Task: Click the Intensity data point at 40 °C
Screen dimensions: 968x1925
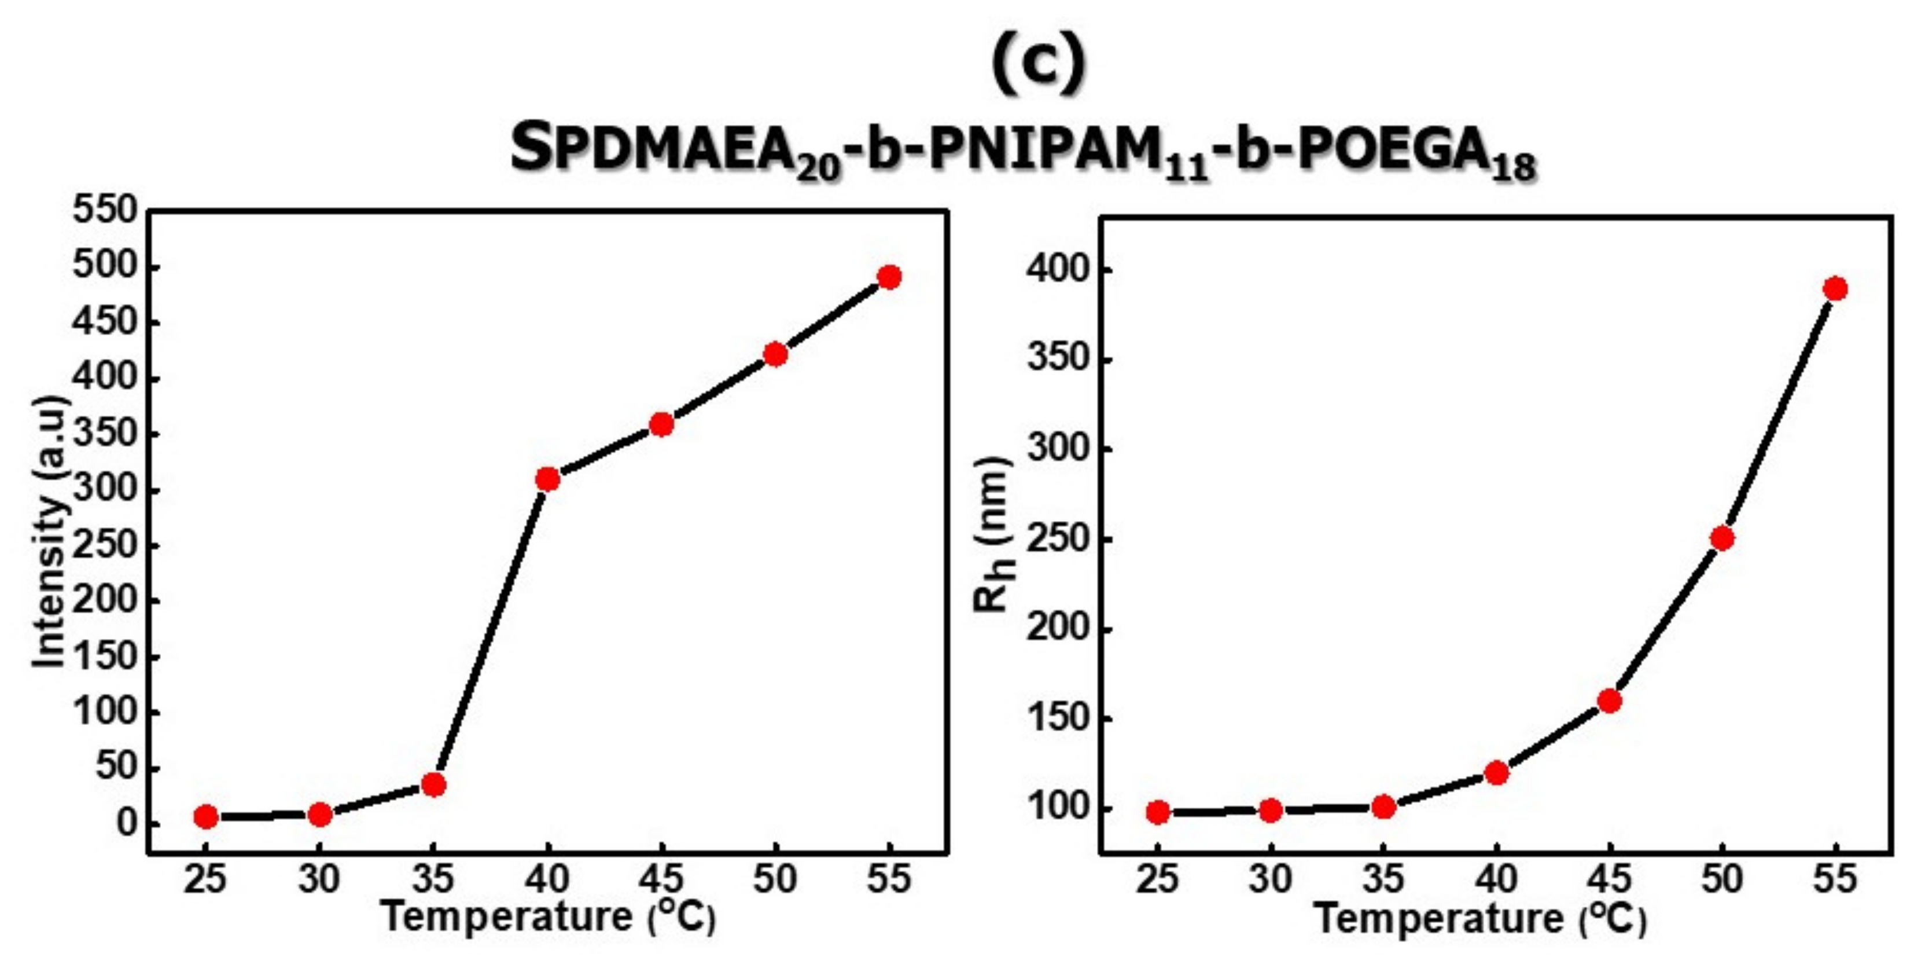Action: tap(548, 478)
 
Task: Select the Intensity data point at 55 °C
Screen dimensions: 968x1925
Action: tap(889, 277)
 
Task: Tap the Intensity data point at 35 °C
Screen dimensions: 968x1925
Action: tap(433, 784)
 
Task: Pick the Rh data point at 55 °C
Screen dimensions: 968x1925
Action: tap(1835, 288)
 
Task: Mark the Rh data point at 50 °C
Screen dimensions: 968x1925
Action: tap(1722, 538)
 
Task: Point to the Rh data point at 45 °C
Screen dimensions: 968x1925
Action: tap(1609, 701)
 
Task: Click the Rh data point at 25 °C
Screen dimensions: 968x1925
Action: tap(1158, 812)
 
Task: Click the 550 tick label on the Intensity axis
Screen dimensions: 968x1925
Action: tap(105, 211)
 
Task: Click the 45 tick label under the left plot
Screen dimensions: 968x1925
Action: tap(661, 879)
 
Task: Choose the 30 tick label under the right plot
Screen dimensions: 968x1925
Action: tap(1271, 879)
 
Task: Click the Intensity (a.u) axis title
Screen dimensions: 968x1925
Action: tap(51, 531)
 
